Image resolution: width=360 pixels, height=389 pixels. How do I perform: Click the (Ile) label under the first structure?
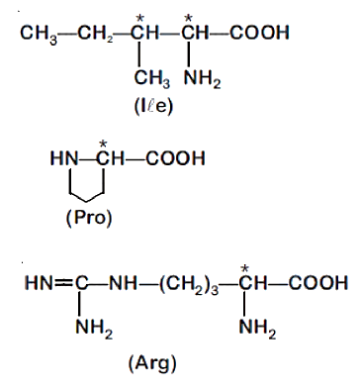click(x=153, y=107)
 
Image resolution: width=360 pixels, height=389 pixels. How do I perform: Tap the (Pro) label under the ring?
click(x=89, y=218)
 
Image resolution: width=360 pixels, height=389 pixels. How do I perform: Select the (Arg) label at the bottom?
click(x=152, y=364)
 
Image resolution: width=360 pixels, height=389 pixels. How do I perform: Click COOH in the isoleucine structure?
click(x=259, y=33)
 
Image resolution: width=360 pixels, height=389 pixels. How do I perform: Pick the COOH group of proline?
click(x=175, y=158)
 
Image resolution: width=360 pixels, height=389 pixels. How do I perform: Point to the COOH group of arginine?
click(x=318, y=283)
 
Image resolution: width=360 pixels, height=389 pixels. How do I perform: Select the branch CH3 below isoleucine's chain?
click(x=152, y=79)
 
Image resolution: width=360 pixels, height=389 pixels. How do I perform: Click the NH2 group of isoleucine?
click(x=203, y=79)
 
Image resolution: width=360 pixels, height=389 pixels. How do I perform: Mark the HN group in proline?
click(x=64, y=158)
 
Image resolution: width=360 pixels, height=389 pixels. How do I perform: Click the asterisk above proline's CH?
click(x=104, y=144)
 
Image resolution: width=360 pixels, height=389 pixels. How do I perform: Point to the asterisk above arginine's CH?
click(x=244, y=269)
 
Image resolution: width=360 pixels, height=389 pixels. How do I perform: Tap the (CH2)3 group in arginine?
click(x=189, y=284)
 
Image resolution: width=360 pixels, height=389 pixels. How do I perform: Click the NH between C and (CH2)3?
click(x=123, y=283)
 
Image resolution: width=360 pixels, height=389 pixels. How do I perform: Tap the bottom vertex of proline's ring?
click(x=87, y=201)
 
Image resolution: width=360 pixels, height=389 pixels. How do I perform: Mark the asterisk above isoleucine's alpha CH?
click(x=188, y=19)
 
